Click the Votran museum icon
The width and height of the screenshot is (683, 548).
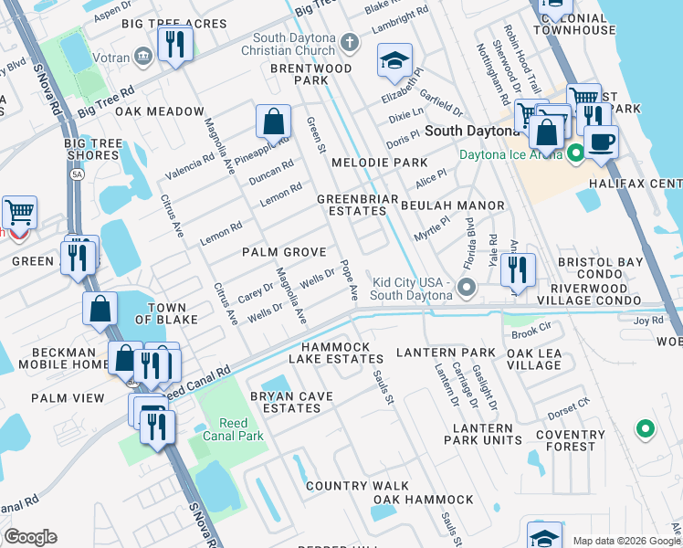tap(142, 57)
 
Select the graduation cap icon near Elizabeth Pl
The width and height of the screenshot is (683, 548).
tap(394, 62)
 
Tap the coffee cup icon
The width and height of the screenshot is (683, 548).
tap(602, 142)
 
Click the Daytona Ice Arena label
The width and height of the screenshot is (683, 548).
tap(512, 156)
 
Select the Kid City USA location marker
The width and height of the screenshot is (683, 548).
tap(467, 289)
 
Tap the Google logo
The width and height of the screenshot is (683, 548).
tap(30, 537)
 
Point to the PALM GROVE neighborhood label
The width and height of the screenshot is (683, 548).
tap(284, 251)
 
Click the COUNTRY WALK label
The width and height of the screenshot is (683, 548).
tap(350, 486)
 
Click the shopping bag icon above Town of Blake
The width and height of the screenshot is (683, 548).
tap(100, 310)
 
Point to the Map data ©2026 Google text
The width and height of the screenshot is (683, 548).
tap(626, 541)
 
